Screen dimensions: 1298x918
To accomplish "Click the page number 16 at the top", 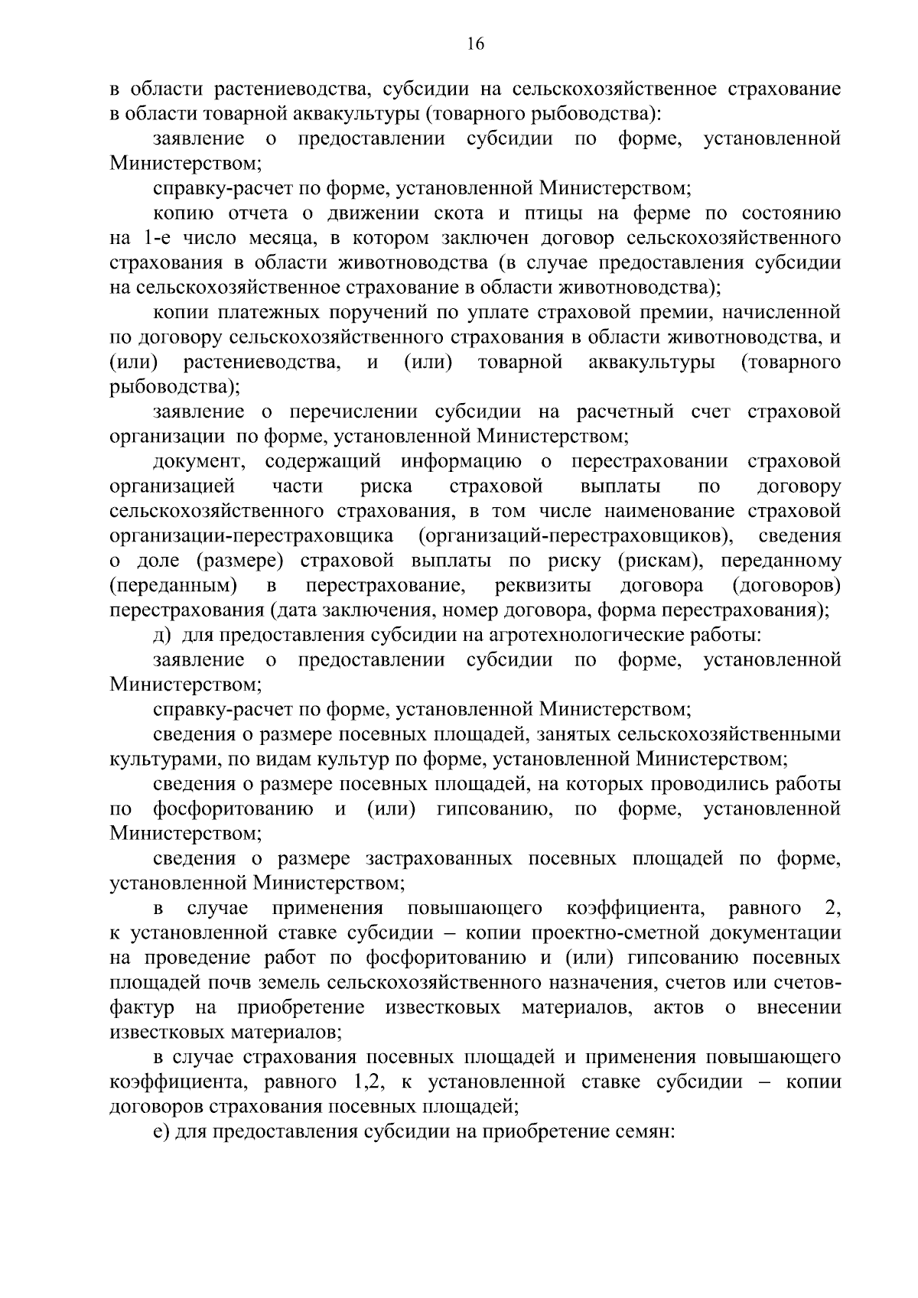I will [x=475, y=44].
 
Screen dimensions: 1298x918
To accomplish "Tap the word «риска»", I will [x=386, y=486].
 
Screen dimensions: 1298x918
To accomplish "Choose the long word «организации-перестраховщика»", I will [x=252, y=536].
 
